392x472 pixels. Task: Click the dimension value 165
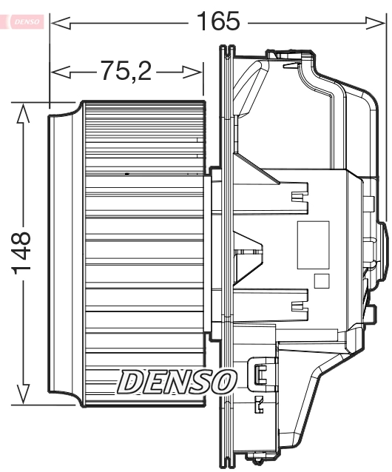point(219,22)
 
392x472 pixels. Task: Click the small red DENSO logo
point(27,23)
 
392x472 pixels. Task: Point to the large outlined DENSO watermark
point(176,380)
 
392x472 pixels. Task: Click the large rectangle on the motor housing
point(313,245)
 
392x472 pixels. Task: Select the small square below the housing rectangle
point(320,281)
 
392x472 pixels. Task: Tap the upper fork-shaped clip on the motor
point(298,196)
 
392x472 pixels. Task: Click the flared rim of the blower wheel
point(64,255)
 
